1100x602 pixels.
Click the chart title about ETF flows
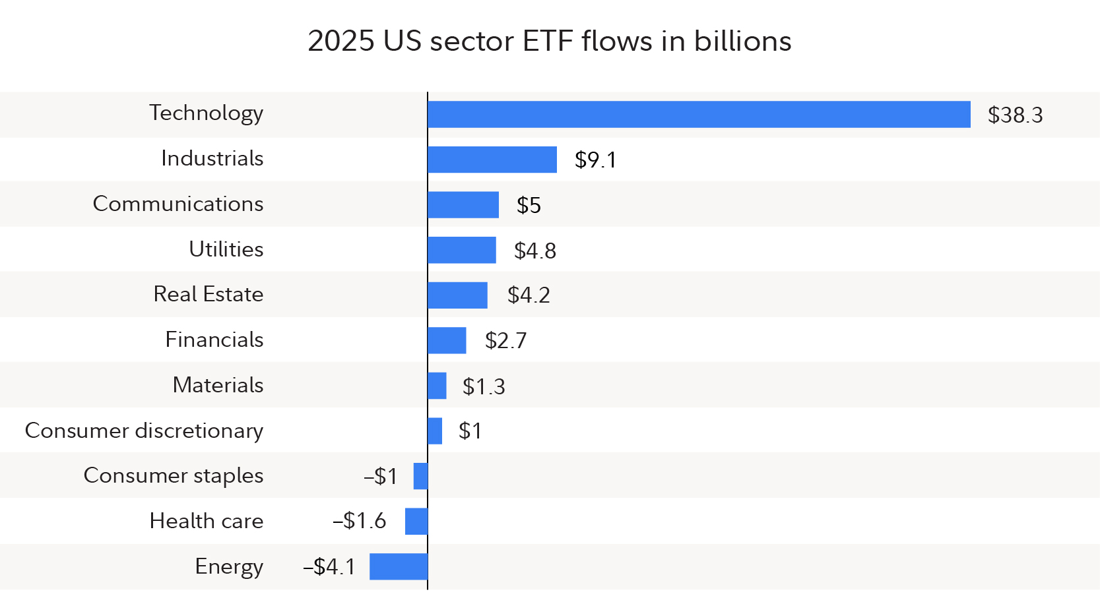click(x=549, y=41)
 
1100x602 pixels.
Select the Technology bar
click(x=699, y=114)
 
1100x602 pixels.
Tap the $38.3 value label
click(x=1015, y=115)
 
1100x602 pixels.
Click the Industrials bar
click(x=492, y=160)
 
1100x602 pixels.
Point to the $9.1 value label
click(x=595, y=160)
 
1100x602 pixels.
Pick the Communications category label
click(x=178, y=204)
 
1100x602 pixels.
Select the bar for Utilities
click(x=462, y=250)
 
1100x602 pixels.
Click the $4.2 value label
click(x=529, y=295)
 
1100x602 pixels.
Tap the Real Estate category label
click(x=208, y=294)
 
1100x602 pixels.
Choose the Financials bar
click(x=447, y=340)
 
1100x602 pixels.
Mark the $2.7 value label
click(x=505, y=341)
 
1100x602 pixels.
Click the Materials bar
click(x=437, y=386)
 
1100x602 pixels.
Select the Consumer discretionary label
click(x=144, y=431)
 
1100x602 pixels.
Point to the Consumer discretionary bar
click(x=435, y=431)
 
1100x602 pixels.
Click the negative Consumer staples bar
click(x=420, y=476)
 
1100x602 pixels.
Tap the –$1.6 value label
click(x=359, y=521)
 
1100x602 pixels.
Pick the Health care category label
click(x=206, y=521)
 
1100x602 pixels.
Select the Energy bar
click(x=399, y=566)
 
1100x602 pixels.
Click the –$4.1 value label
click(x=329, y=566)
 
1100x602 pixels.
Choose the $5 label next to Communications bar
click(x=529, y=206)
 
